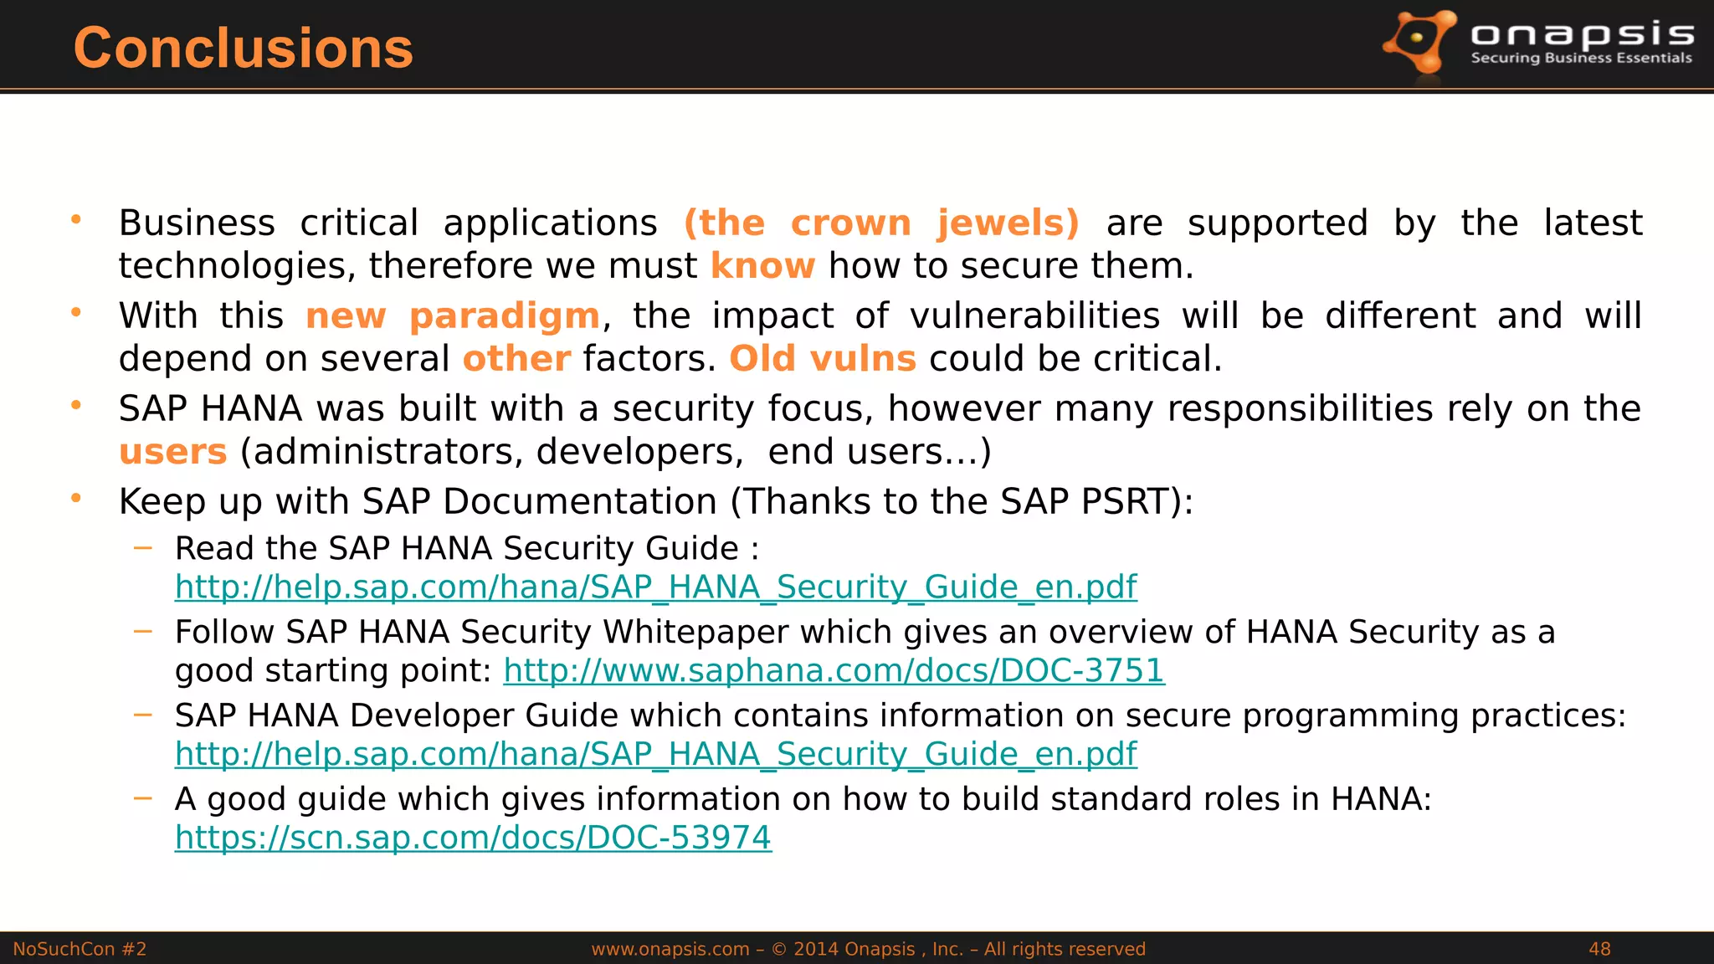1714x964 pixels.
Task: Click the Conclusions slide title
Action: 243,48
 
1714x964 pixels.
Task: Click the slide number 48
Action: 1599,949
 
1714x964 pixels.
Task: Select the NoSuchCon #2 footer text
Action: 80,949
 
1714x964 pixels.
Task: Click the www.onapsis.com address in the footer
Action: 670,949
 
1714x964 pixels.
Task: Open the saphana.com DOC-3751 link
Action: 834,670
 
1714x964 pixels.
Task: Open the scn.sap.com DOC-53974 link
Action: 473,838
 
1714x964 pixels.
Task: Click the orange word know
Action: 762,266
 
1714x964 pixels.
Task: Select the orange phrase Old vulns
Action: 823,359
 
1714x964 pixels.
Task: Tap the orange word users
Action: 173,452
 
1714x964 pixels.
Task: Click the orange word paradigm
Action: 505,316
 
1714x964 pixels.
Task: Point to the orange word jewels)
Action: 1008,223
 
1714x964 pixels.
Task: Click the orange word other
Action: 516,359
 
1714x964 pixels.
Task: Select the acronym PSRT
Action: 1126,502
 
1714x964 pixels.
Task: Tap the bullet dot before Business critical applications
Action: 76,220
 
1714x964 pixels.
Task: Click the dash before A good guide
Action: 143,798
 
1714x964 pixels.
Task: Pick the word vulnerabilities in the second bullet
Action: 1034,316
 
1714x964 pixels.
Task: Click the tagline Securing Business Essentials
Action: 1581,58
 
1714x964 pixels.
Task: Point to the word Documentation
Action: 580,502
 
